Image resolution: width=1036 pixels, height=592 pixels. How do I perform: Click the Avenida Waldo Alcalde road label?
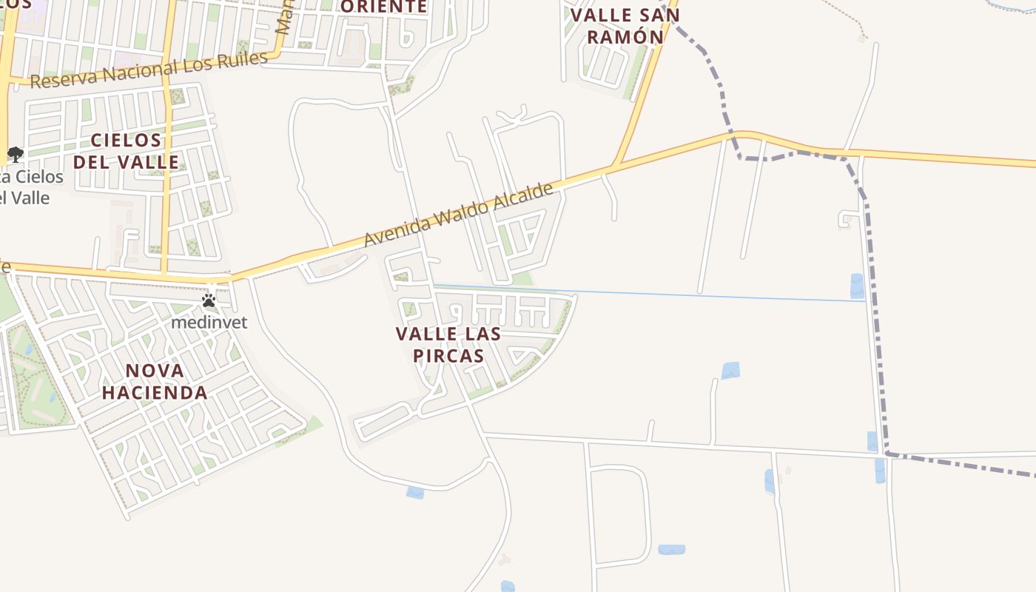[459, 215]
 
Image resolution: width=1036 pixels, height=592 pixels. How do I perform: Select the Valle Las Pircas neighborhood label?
[448, 344]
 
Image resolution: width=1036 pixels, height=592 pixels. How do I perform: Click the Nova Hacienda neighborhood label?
[155, 381]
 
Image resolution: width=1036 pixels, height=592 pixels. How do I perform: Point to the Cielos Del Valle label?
[126, 150]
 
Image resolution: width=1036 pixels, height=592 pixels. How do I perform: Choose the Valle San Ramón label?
[625, 25]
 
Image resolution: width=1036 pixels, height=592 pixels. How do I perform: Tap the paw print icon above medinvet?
[209, 300]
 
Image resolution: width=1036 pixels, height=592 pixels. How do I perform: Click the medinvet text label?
[209, 323]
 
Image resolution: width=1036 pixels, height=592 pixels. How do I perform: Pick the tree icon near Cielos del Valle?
[15, 155]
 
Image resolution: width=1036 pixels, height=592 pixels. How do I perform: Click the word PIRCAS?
[448, 355]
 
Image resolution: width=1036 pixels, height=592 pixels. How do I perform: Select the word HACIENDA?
[155, 392]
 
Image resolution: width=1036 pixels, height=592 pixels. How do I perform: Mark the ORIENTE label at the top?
[383, 7]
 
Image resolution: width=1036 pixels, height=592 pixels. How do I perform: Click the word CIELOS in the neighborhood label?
[127, 140]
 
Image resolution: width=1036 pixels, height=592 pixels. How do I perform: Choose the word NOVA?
[155, 371]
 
